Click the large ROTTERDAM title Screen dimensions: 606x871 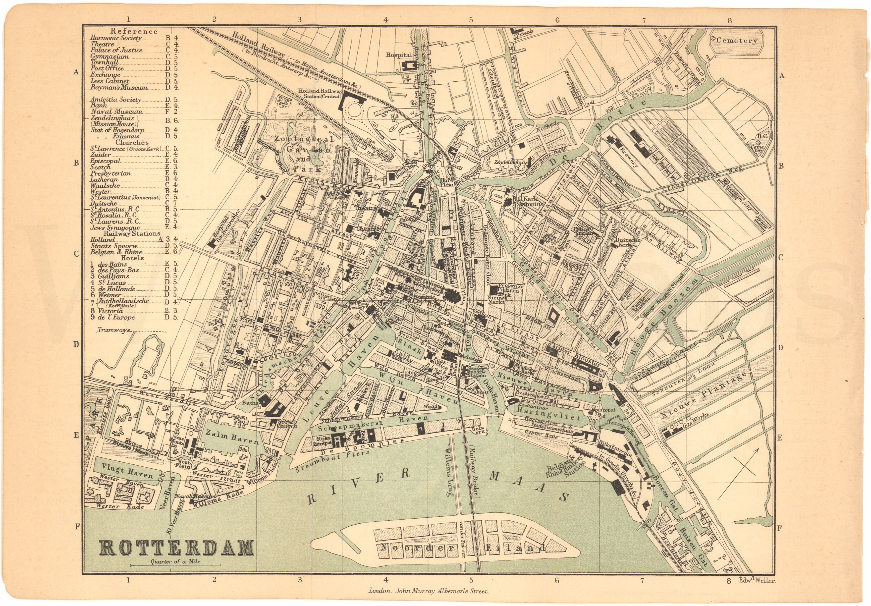[177, 548]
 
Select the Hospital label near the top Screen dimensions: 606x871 [399, 55]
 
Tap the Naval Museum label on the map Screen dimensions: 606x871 [195, 496]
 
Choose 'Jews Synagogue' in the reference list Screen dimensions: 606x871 [115, 228]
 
